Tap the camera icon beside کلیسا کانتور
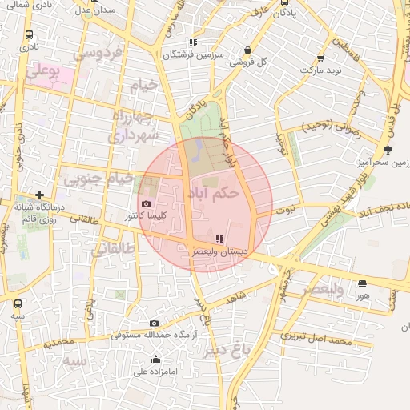coord(145,203)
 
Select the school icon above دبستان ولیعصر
coord(219,239)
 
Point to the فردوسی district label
coord(97,54)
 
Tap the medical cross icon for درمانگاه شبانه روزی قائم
coord(39,195)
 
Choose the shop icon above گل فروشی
coord(247,49)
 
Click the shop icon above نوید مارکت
coord(320,58)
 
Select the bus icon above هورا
coord(362,283)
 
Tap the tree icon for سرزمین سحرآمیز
coord(388,149)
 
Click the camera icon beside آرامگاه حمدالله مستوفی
coord(154,323)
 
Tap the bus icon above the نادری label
coord(30,35)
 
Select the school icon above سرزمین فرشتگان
coord(192,42)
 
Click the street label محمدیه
coord(59,342)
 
